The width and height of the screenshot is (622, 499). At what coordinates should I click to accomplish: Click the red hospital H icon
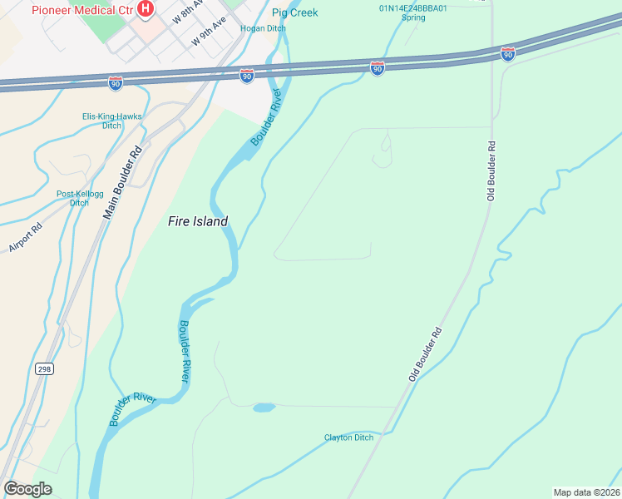146,9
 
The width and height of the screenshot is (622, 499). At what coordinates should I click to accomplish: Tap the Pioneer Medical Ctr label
81,10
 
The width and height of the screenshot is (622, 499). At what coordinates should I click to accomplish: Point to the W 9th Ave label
209,32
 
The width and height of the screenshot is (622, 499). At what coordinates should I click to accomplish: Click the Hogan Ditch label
263,28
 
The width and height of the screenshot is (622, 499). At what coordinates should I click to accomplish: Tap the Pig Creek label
295,12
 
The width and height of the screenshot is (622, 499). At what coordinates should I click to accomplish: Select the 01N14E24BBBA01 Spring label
413,12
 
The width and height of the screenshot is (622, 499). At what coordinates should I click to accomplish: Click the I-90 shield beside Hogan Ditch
247,76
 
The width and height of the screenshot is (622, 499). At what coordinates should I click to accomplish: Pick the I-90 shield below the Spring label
378,68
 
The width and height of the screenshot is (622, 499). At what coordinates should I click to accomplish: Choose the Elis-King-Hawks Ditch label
112,121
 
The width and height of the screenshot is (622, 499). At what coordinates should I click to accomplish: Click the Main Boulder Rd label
123,182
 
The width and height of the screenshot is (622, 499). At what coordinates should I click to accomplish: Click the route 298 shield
44,368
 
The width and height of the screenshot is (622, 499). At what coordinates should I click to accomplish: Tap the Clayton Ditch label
348,437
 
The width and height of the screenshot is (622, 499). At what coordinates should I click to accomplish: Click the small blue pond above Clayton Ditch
264,408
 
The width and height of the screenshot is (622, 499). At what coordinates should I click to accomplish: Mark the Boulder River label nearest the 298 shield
132,409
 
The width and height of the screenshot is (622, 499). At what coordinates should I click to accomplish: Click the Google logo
27,488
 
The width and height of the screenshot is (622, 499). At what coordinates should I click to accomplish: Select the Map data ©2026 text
586,492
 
